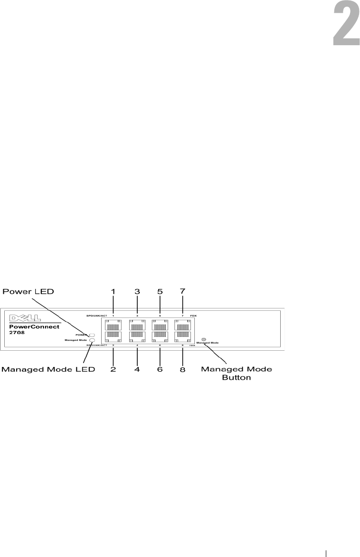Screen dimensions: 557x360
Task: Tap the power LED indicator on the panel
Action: pyautogui.click(x=93, y=335)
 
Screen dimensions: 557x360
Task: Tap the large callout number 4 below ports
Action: pyautogui.click(x=137, y=369)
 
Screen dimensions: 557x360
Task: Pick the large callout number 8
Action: pyautogui.click(x=182, y=369)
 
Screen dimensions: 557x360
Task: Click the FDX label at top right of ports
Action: pyautogui.click(x=194, y=315)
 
